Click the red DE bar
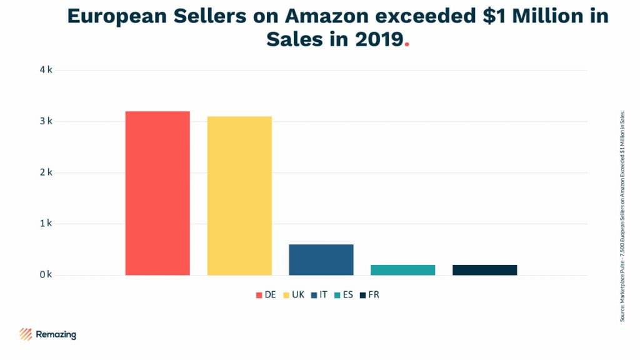click(157, 193)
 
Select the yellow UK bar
click(239, 196)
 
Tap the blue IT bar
click(321, 259)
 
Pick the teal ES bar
click(403, 270)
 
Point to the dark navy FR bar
click(485, 270)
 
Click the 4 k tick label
click(46, 70)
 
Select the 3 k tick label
click(46, 121)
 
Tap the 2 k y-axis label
click(46, 172)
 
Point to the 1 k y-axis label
click(46, 224)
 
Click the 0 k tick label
click(46, 275)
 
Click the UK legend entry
click(294, 294)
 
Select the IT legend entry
click(319, 294)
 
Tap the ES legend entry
click(344, 294)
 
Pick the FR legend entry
click(369, 294)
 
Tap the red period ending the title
click(407, 44)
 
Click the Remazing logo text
click(56, 335)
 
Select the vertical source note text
click(622, 215)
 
